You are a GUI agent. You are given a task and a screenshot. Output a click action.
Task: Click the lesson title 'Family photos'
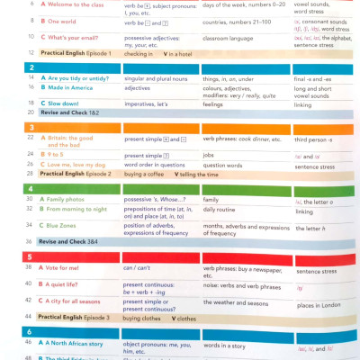point(67,199)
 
